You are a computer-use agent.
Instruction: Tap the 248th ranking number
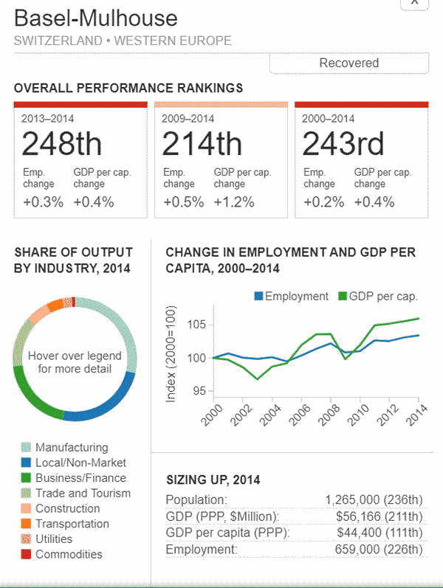(x=62, y=144)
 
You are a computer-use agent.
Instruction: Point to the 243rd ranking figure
(x=343, y=144)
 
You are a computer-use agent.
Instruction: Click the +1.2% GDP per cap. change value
(x=234, y=202)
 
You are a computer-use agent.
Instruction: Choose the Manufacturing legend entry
(x=71, y=447)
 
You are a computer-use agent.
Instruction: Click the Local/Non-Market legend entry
(x=80, y=463)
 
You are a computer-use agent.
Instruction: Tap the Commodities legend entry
(x=69, y=554)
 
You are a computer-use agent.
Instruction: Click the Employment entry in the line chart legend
(x=296, y=296)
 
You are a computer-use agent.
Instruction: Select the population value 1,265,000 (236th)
(x=374, y=500)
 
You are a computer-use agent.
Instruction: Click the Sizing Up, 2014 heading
(x=213, y=480)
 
